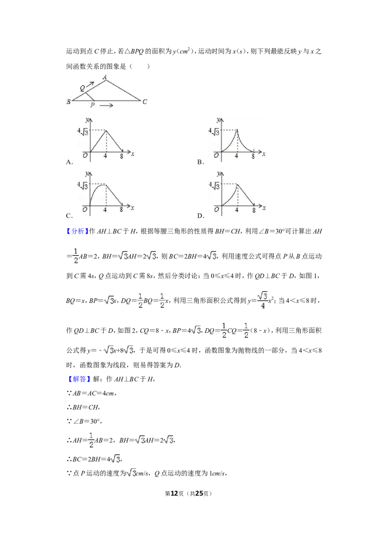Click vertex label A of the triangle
pyautogui.click(x=105, y=77)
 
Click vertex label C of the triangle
pyautogui.click(x=144, y=101)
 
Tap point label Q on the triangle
pyautogui.click(x=82, y=88)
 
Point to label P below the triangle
pyautogui.click(x=92, y=105)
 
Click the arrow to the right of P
pyautogui.click(x=107, y=105)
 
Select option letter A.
pyautogui.click(x=70, y=162)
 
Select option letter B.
pyautogui.click(x=200, y=162)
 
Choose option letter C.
pyautogui.click(x=69, y=216)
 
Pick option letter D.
pyautogui.click(x=201, y=216)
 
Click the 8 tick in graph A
pyautogui.click(x=121, y=156)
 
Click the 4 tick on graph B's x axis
pyautogui.click(x=236, y=156)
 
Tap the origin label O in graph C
pyautogui.click(x=85, y=209)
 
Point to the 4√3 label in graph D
pyautogui.click(x=215, y=186)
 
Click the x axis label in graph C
pyautogui.click(x=132, y=208)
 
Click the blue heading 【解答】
pyautogui.click(x=79, y=379)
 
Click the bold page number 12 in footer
pyautogui.click(x=174, y=493)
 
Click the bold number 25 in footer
pyautogui.click(x=199, y=493)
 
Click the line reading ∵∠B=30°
pyautogui.click(x=84, y=421)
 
